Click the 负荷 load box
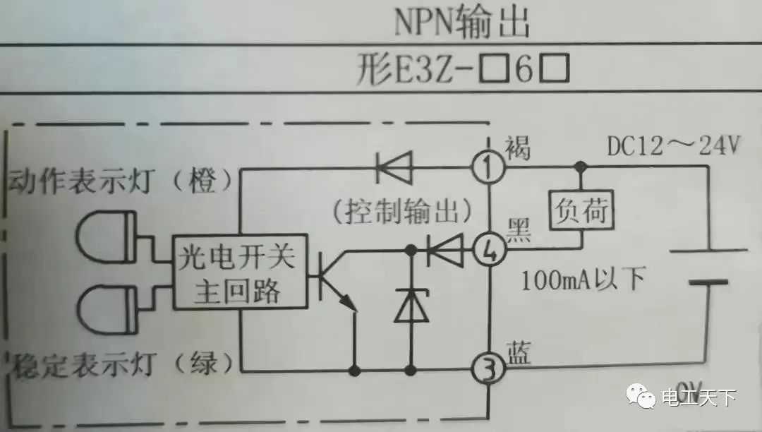coord(581,210)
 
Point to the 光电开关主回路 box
coord(240,271)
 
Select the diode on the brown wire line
coord(392,168)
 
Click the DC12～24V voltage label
coord(673,146)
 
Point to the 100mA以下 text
coord(583,280)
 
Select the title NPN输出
coord(461,23)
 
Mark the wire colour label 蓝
coord(519,353)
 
